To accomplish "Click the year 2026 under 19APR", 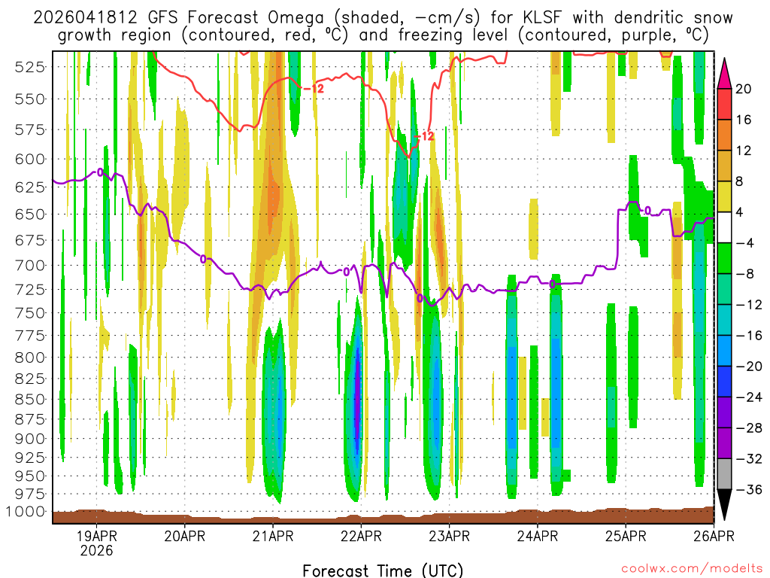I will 98,551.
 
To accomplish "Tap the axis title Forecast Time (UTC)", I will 383,570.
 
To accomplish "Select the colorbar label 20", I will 744,89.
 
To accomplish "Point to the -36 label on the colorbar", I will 747,490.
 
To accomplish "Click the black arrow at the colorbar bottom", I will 724,505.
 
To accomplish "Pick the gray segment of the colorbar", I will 724,474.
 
